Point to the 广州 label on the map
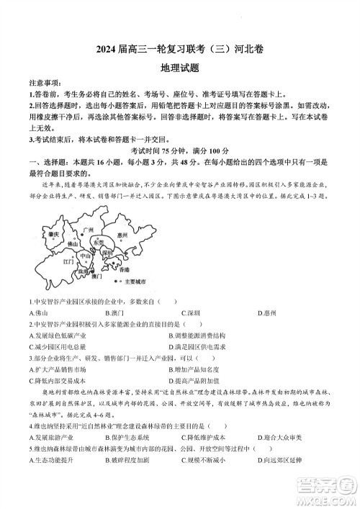[x=89, y=230]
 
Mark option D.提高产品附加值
[x=199, y=380]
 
